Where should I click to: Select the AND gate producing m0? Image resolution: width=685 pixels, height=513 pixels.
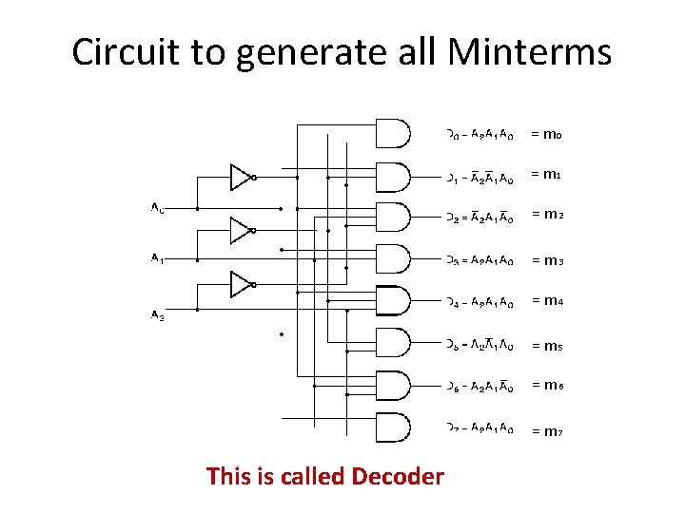393,134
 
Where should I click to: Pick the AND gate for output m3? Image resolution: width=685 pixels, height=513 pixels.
393,259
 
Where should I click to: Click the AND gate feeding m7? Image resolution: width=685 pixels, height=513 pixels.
393,428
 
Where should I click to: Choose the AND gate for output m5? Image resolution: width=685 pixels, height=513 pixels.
393,343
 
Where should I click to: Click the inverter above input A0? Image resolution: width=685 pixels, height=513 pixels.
242,177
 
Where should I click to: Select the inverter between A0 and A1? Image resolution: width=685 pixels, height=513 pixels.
242,230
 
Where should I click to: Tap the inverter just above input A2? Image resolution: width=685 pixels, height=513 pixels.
242,283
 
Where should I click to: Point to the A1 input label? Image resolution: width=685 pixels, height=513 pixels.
157,258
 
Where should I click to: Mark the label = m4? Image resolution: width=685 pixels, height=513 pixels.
547,301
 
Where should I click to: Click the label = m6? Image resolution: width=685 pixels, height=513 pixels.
547,385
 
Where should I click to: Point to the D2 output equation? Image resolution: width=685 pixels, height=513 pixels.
481,218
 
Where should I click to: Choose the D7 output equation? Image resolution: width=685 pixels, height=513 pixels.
481,429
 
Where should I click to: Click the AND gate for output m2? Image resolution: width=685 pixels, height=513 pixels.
393,217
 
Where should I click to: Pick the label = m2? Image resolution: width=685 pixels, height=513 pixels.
547,215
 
